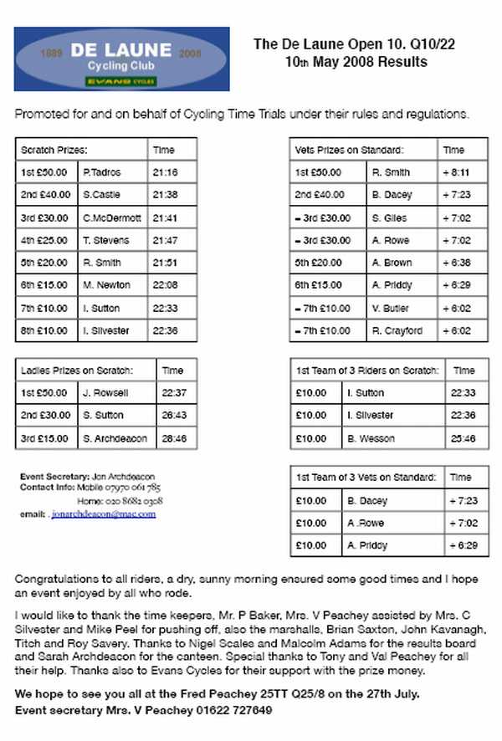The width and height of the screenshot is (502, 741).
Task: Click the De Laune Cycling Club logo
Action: coord(122,59)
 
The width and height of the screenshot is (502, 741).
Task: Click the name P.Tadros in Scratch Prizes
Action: coord(102,172)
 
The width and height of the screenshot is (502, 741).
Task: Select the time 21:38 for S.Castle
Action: coord(165,195)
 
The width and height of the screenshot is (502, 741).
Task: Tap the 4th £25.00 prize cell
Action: coord(45,240)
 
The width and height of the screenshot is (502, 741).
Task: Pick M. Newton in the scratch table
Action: coord(107,285)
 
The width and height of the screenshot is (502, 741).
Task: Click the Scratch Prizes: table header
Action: coord(54,151)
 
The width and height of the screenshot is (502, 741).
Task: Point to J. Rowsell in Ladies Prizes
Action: coord(105,393)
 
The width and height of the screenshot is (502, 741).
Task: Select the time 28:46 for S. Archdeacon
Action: coord(173,438)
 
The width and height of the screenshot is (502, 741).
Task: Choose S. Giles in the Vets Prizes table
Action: coord(389,217)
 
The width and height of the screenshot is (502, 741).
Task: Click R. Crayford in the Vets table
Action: coord(397,330)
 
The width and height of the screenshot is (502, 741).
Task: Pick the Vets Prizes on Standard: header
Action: coord(350,151)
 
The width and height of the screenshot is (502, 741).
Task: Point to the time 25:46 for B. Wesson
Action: coord(462,438)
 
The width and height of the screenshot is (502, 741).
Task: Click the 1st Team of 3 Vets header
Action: coord(366,477)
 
